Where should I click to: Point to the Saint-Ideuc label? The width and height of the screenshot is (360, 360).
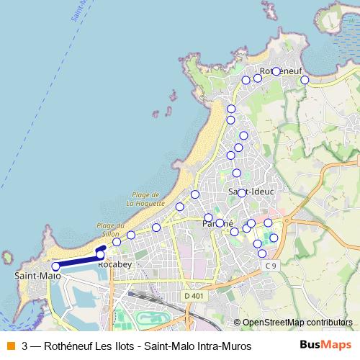coord(248,192)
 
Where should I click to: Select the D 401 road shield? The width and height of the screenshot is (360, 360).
coord(193,295)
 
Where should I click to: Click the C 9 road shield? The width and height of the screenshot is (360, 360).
coord(271,266)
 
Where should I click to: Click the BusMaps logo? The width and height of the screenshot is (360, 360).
coord(326,346)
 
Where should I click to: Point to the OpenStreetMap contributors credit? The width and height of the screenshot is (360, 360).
coord(297,323)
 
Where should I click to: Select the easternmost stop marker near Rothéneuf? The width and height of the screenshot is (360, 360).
coord(305,80)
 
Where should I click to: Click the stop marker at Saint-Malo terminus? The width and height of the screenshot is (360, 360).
coord(55,266)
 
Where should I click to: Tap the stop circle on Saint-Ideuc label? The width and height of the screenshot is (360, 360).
coord(242,192)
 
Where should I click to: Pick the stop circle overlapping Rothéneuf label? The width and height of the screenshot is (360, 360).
coord(276,71)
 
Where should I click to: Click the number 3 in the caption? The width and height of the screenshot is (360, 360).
coord(26,346)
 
